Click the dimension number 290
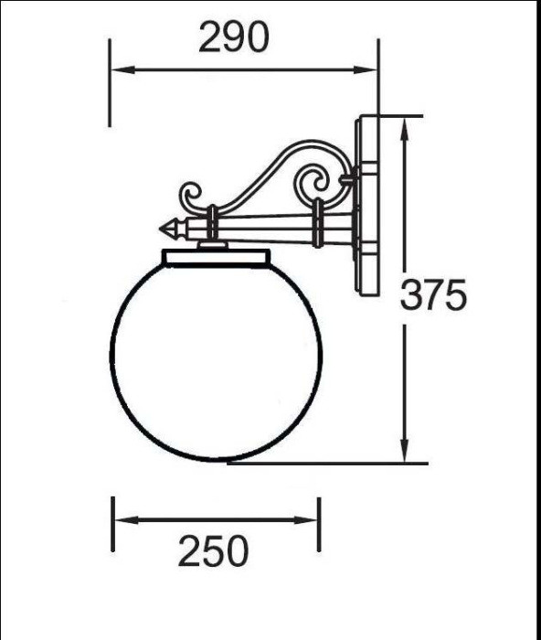pos(234,37)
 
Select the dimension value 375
pos(434,294)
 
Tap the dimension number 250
pos(213,551)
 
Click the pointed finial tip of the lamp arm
pos(164,224)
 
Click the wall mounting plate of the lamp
pos(367,205)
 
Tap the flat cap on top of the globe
pos(216,256)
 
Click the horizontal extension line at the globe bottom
pos(329,463)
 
